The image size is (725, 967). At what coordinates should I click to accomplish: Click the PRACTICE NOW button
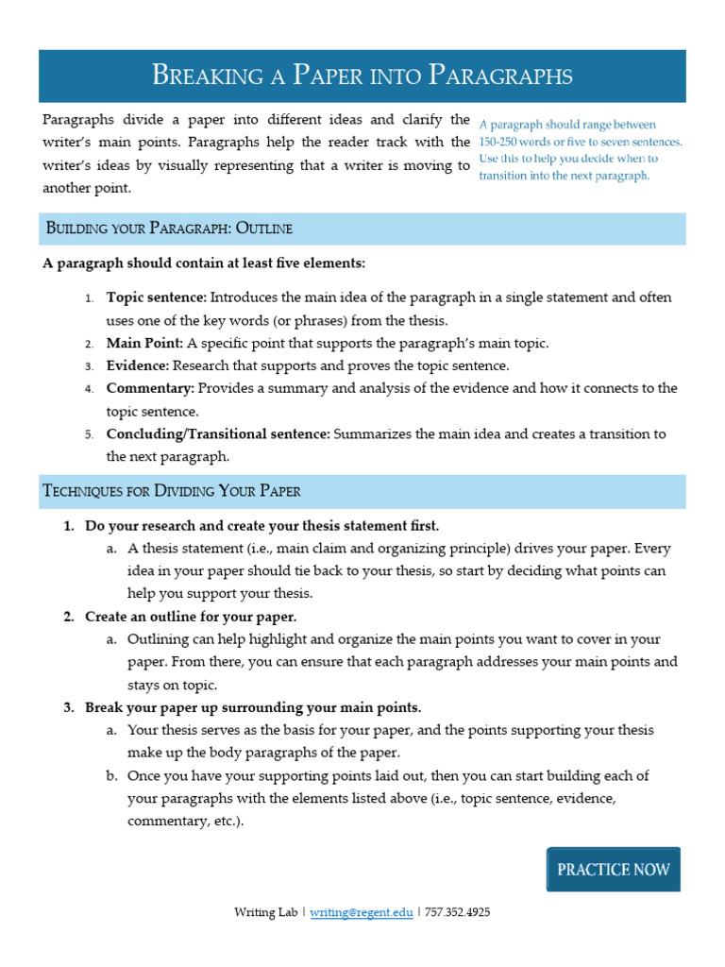coord(613,870)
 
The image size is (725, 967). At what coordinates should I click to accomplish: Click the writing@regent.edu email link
coord(362,913)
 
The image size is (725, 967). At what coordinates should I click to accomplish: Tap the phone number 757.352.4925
coord(458,913)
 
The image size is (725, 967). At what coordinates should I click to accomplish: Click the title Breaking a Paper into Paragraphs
coord(362,76)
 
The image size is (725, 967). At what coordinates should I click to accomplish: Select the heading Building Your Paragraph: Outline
coord(169,229)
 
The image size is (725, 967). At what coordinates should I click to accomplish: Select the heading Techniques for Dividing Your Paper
coord(172,491)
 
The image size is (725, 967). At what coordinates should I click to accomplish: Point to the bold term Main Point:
coord(144,343)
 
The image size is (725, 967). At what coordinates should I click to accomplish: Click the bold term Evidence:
coord(138,365)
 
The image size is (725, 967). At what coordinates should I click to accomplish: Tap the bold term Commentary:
coord(150,388)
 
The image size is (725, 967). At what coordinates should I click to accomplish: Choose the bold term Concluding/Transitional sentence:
coord(217,433)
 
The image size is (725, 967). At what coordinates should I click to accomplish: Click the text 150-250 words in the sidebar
coord(518,142)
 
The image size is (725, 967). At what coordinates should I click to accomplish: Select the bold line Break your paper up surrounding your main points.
coord(253,707)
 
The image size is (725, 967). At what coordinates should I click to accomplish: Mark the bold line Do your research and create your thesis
coord(261,525)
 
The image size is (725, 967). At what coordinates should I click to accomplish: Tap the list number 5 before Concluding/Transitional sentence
coord(89,434)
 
